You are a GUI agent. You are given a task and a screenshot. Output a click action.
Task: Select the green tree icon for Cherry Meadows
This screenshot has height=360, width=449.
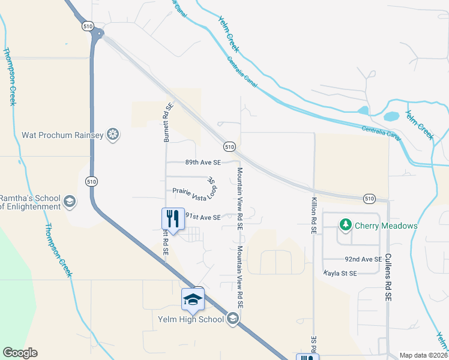click(345, 226)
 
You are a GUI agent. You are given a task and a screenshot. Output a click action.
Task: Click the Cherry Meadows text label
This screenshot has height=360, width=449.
click(386, 226)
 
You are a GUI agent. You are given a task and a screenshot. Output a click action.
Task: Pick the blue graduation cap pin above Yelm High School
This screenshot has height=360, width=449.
click(193, 299)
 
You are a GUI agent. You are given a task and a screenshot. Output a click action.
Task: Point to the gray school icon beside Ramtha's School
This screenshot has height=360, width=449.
click(70, 201)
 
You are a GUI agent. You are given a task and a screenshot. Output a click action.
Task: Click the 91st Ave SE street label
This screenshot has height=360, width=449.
click(203, 217)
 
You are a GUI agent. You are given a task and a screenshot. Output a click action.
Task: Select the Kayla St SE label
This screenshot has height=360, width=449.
click(340, 273)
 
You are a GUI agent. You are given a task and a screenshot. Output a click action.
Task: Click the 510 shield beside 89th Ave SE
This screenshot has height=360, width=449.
click(229, 146)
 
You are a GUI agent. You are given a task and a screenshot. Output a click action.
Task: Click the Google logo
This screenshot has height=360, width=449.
click(20, 353)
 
